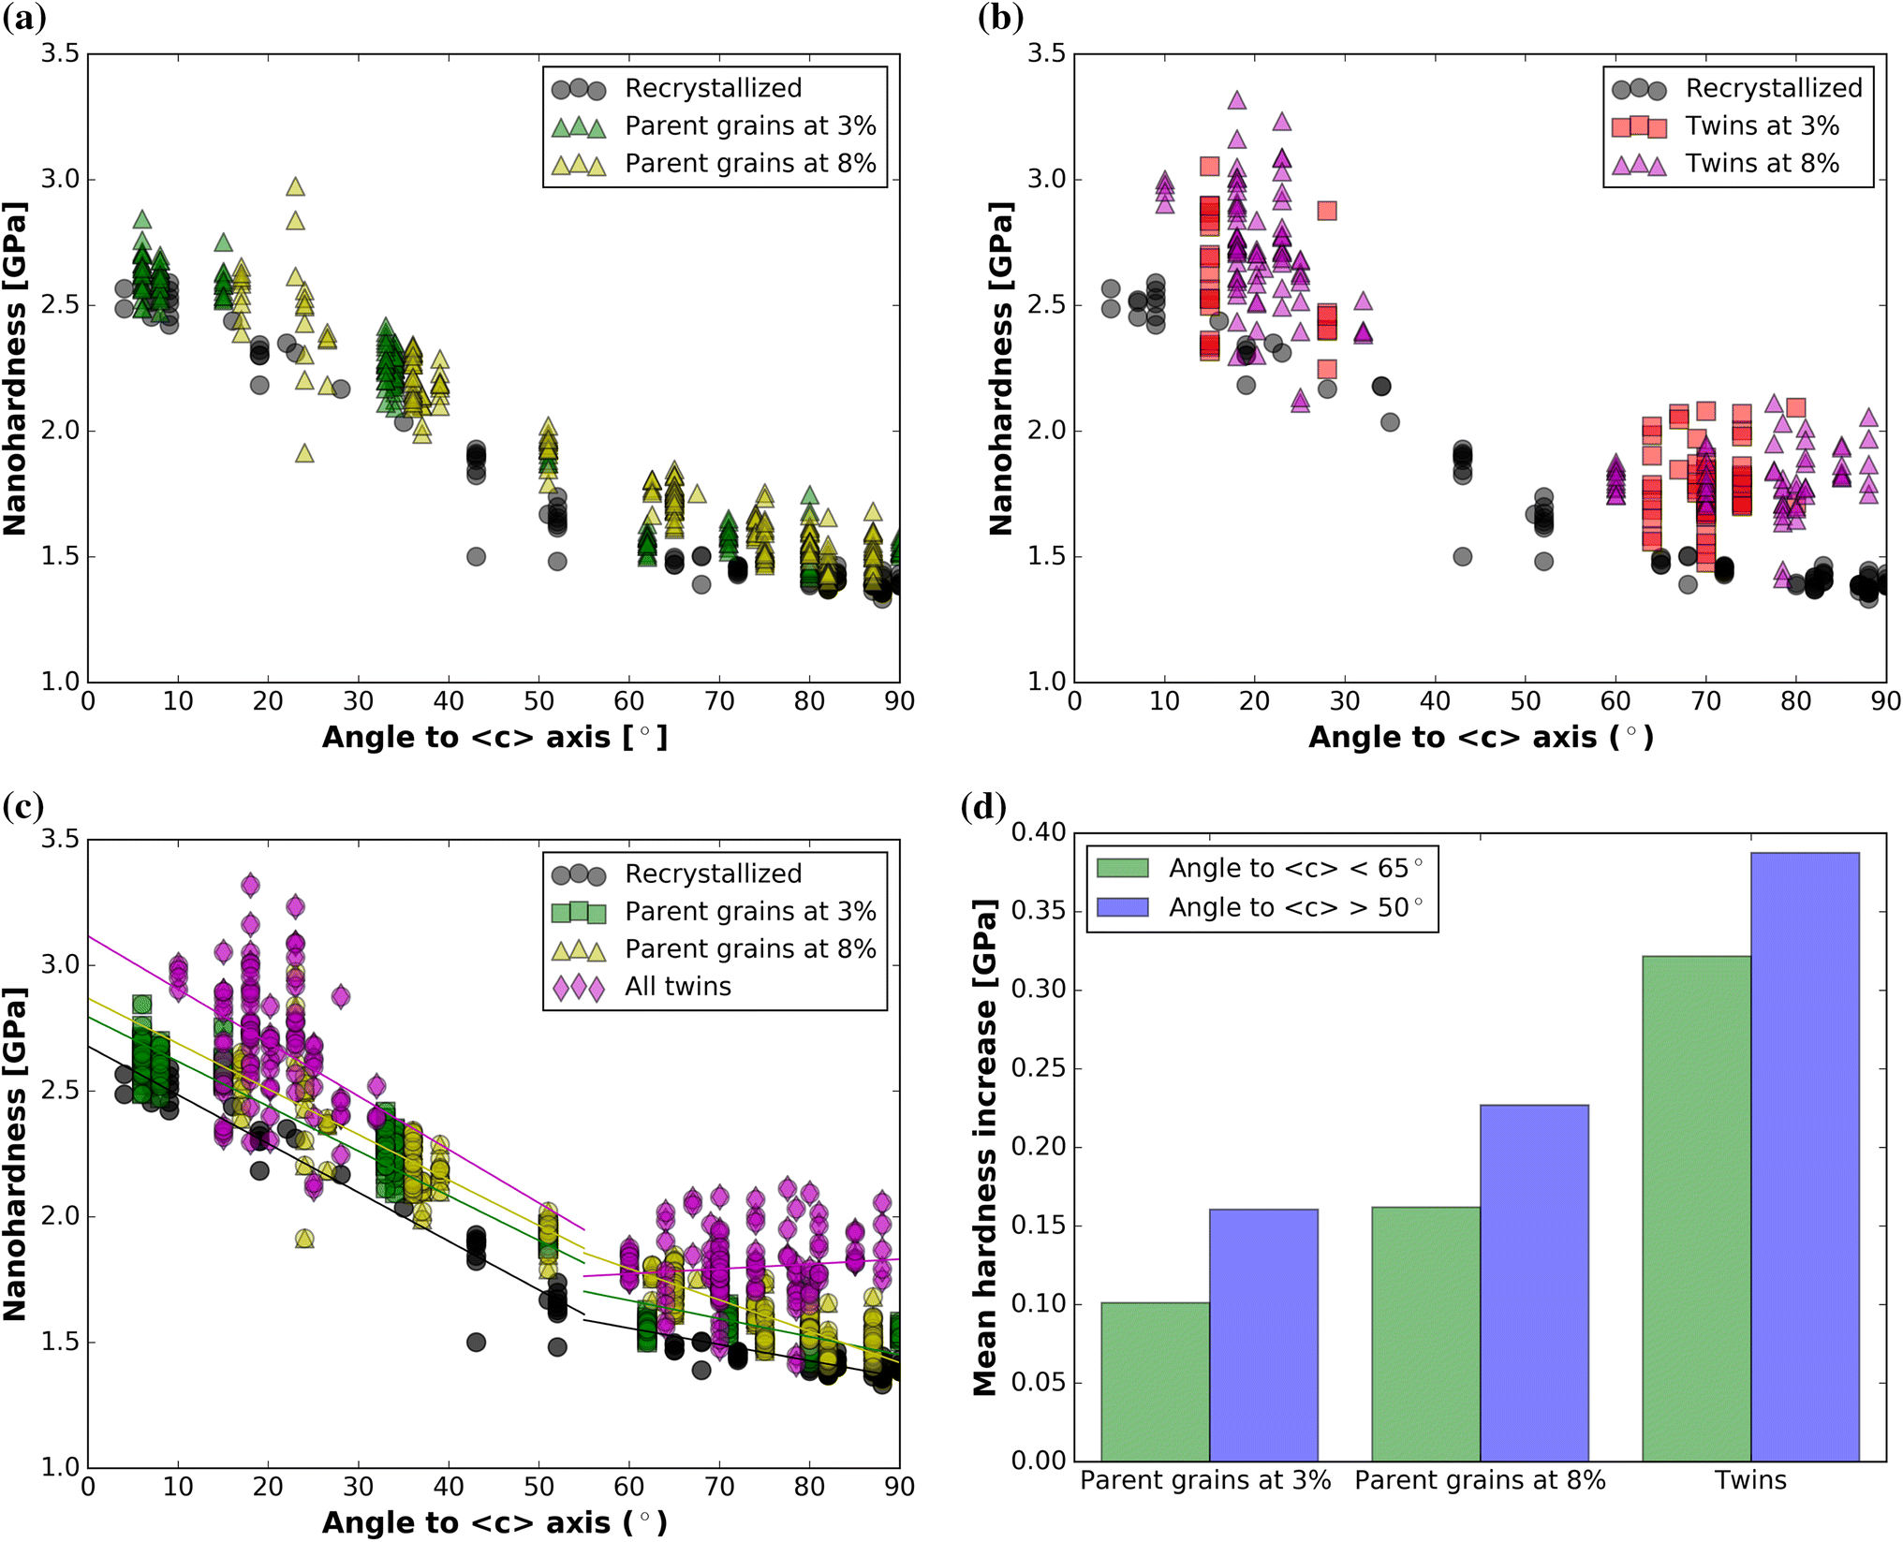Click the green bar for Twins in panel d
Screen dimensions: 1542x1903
coord(1696,1208)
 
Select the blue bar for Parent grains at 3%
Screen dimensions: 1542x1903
coord(1262,1334)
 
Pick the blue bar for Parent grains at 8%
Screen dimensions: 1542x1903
coord(1534,1283)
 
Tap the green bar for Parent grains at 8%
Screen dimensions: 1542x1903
coord(1425,1334)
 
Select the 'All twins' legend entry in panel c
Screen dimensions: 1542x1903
coord(677,986)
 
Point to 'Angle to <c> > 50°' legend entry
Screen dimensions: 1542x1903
coord(1294,907)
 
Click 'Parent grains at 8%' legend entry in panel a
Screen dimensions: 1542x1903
coord(749,163)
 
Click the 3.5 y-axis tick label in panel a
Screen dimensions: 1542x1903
coord(60,53)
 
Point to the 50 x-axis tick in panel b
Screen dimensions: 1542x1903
coord(1525,701)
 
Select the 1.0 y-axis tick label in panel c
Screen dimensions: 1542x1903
coord(60,1466)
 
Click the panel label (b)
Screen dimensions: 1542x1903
coord(1000,17)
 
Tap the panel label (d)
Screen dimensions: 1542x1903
coord(983,806)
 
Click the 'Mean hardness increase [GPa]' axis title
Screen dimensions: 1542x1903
coord(984,1147)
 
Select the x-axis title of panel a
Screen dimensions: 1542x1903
coord(494,738)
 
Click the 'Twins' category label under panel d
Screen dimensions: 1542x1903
coord(1750,1480)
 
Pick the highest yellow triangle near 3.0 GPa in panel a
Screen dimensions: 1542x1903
coord(295,187)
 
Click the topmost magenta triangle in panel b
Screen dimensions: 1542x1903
coord(1236,100)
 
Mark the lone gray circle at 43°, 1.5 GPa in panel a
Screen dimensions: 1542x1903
coord(476,556)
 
